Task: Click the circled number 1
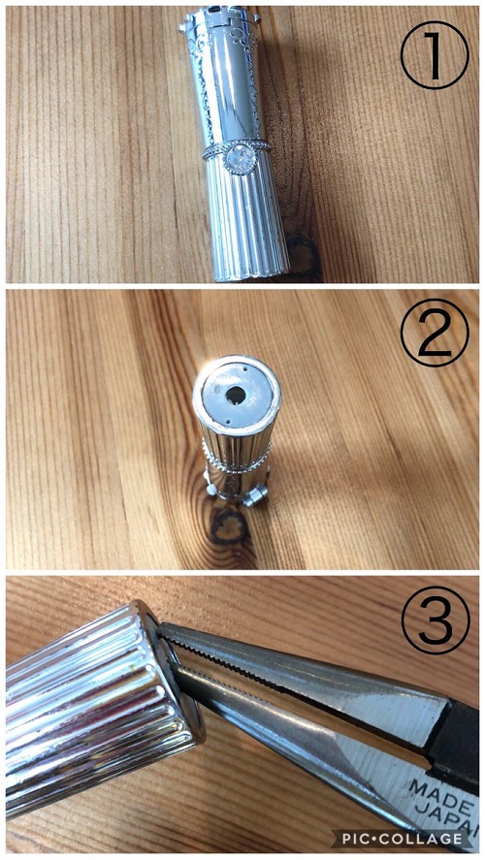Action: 435,55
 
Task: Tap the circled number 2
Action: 435,333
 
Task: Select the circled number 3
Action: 436,621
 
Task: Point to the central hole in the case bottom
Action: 237,394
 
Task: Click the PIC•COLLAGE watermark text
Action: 402,838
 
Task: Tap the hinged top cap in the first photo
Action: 218,19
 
